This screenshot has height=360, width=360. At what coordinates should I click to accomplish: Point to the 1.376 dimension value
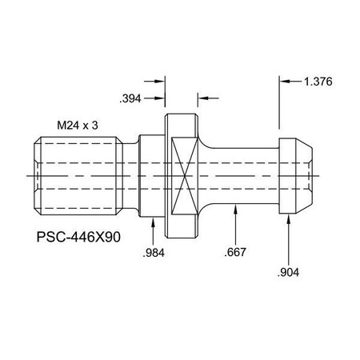tap(318, 81)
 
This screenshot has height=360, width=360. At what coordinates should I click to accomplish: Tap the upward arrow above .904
tap(289, 222)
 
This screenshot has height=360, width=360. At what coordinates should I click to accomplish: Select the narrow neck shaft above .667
tap(240, 173)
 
